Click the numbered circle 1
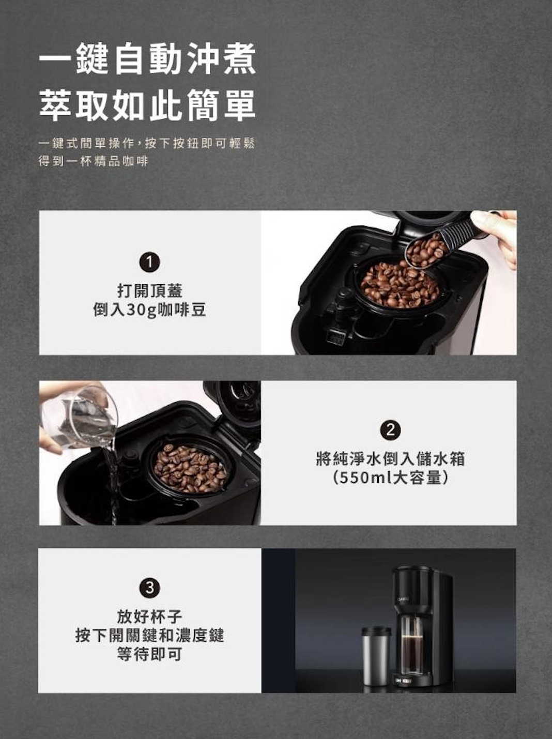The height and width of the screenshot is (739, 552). [x=149, y=263]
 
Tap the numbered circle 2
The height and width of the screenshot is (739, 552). [x=390, y=430]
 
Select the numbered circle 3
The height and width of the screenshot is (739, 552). [x=149, y=588]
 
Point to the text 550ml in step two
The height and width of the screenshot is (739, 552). [x=365, y=478]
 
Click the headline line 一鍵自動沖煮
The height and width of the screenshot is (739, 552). [x=147, y=58]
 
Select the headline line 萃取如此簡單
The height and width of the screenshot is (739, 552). [x=147, y=105]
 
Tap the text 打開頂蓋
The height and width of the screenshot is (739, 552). [x=150, y=290]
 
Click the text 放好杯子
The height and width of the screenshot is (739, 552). [x=150, y=617]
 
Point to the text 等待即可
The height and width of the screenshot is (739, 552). [x=150, y=654]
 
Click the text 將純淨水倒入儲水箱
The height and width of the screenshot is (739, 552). [x=390, y=459]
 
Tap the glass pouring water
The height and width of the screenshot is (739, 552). [x=80, y=418]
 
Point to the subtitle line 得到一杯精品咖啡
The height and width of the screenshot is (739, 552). [x=93, y=161]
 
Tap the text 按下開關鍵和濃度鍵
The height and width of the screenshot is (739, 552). [x=150, y=635]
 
